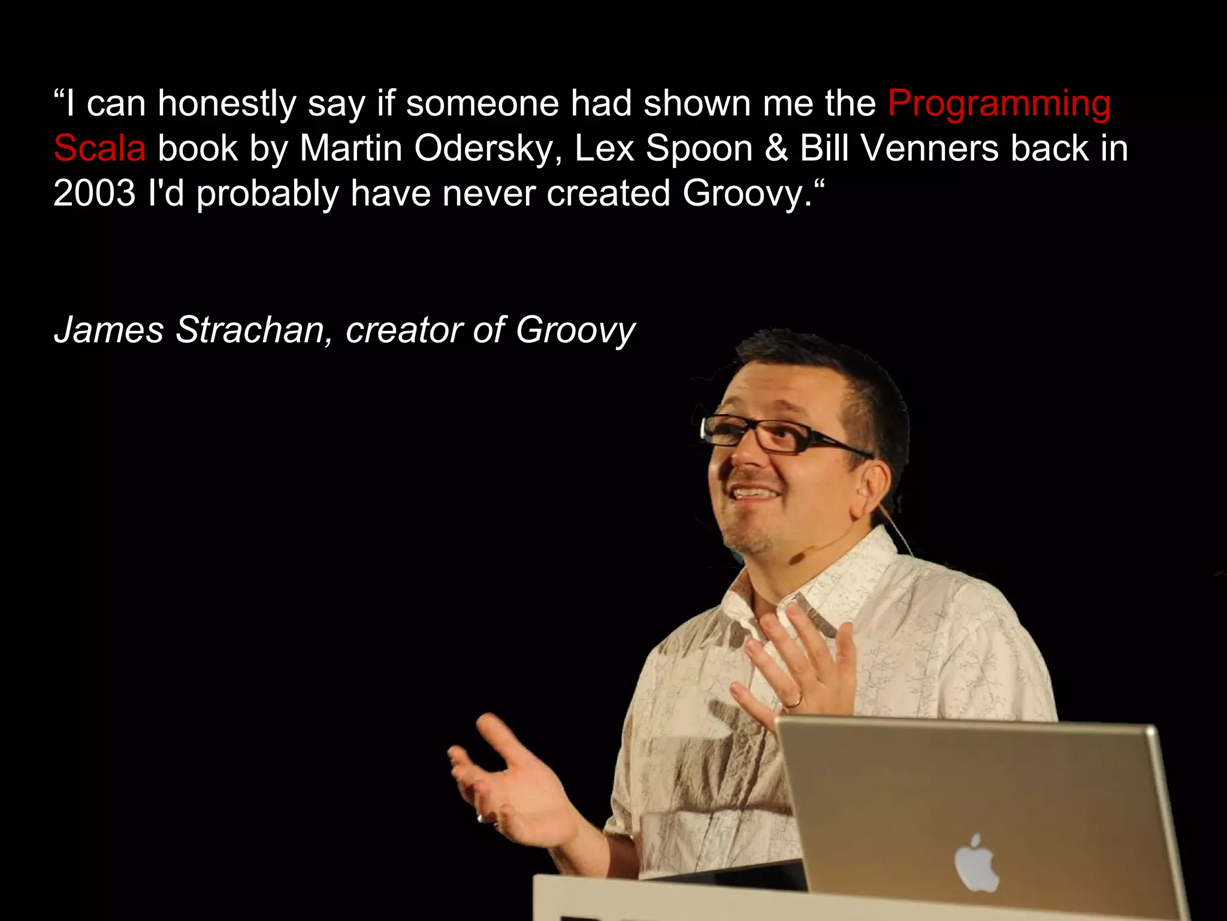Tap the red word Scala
(x=99, y=148)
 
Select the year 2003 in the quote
(x=95, y=193)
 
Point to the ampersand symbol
(x=776, y=148)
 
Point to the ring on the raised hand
(x=793, y=700)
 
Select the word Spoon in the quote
(x=699, y=148)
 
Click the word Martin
(x=350, y=148)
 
